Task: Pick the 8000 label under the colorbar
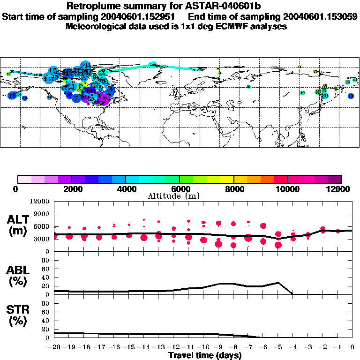pos(233,189)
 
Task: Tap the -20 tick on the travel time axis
pos(55,347)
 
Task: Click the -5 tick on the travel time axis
pos(278,347)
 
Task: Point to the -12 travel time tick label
pos(174,347)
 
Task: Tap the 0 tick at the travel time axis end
pos(352,347)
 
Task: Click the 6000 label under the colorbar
pos(180,189)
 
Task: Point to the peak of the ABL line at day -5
pos(278,283)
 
